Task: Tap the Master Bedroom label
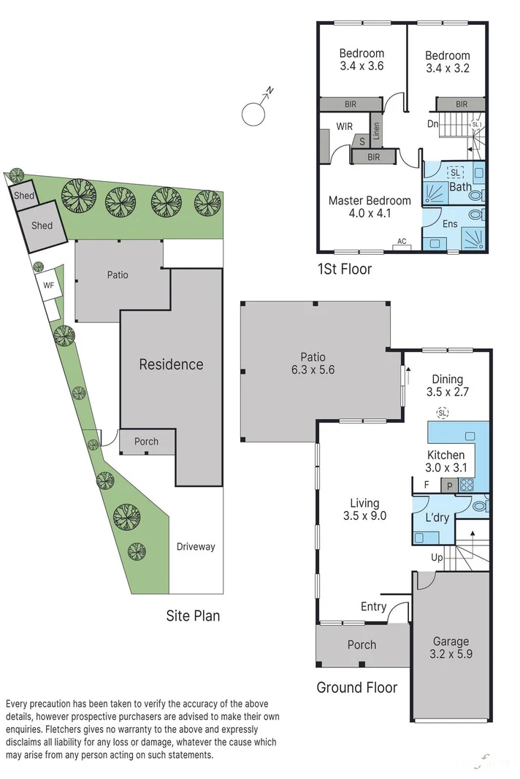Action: coord(369,201)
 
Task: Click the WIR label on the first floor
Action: coord(344,126)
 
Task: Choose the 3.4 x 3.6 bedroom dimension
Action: coord(362,66)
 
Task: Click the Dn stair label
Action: coord(432,124)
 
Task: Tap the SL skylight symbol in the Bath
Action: coord(455,172)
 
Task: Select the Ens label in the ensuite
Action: coord(450,223)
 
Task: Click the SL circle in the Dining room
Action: coord(443,413)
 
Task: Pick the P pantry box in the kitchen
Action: coord(451,484)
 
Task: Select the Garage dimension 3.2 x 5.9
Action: coord(450,654)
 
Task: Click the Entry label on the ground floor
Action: coord(373,607)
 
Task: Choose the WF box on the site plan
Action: coord(49,285)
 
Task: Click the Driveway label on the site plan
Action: coord(196,546)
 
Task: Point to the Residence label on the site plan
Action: coord(171,364)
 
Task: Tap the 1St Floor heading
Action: coord(344,269)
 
